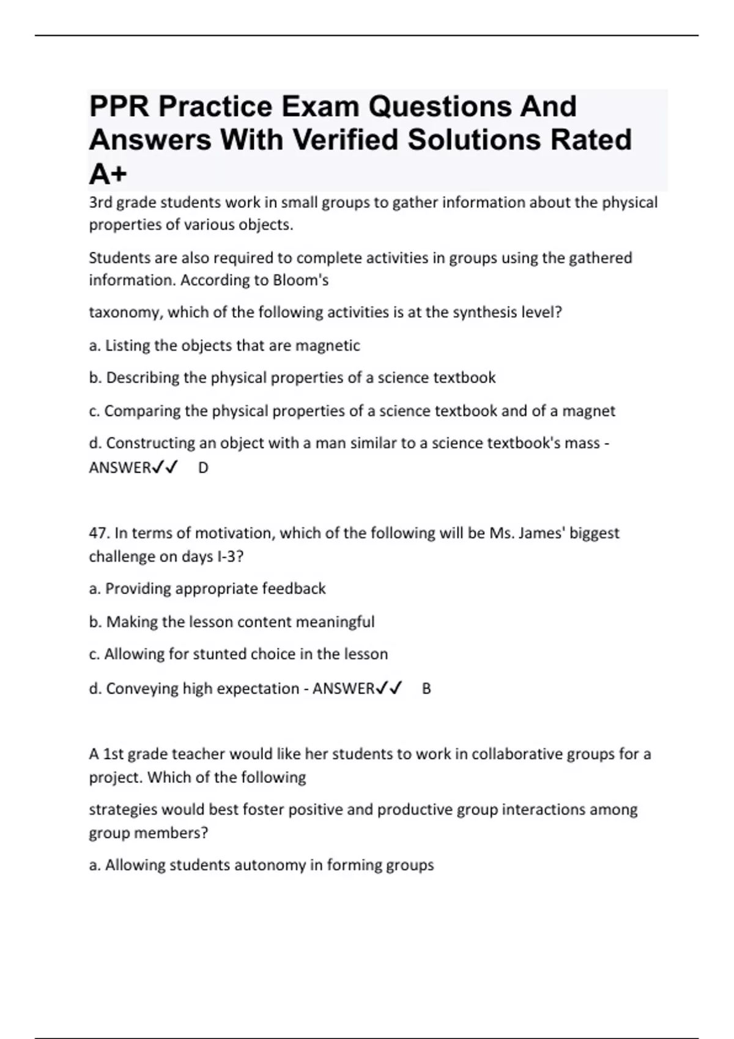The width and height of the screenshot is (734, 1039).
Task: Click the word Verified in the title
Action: point(344,139)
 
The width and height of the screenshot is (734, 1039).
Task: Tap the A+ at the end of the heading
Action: point(108,174)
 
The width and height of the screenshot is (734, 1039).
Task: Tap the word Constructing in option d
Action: point(150,442)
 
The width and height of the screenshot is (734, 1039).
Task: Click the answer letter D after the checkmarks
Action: point(203,468)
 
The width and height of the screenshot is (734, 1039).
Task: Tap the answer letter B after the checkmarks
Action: point(426,689)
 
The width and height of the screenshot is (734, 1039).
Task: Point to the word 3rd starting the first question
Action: point(100,202)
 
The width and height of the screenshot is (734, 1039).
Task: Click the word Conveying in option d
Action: point(142,689)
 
